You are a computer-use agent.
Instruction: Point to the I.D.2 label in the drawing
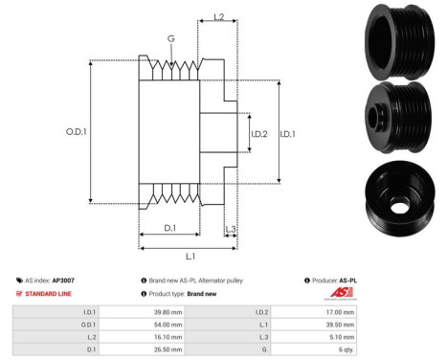[x=257, y=133]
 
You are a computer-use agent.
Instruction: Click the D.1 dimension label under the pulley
[x=168, y=227]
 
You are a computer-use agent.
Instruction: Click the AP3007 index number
[x=62, y=281]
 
